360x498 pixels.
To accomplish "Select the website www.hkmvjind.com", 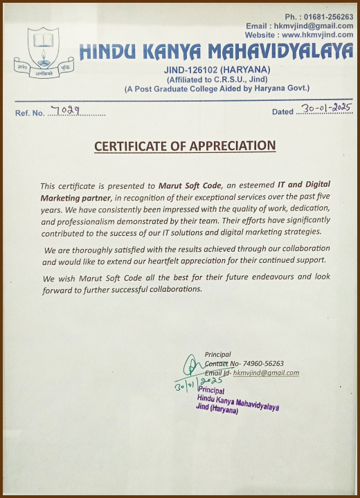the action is pyautogui.click(x=318, y=35).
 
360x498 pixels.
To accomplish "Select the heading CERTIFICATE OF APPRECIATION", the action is pyautogui.click(x=185, y=146).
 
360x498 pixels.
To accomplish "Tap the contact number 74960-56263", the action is pyautogui.click(x=262, y=364).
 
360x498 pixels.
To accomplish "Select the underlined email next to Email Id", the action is pyautogui.click(x=266, y=373).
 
